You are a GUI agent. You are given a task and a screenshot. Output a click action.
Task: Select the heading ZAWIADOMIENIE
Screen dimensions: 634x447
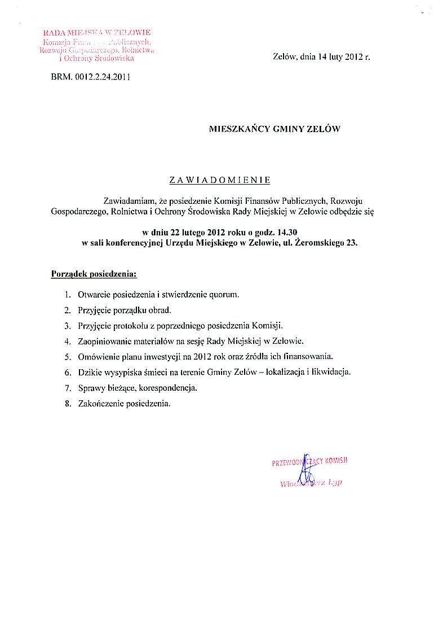(x=220, y=180)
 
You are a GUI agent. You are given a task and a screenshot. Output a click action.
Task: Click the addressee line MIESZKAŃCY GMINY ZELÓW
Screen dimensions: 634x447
(x=275, y=129)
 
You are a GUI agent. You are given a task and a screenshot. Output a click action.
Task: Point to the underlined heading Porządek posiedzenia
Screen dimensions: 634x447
(x=94, y=274)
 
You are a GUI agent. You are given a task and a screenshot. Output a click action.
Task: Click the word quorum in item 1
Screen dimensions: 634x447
(x=224, y=295)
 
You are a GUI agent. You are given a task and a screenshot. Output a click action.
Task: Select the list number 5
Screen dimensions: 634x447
(x=67, y=356)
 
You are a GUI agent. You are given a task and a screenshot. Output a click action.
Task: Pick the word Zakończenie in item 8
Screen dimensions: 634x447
(x=98, y=404)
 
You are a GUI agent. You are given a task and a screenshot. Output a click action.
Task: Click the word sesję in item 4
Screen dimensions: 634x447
(x=194, y=341)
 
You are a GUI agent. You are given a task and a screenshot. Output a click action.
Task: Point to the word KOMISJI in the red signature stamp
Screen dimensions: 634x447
(x=337, y=461)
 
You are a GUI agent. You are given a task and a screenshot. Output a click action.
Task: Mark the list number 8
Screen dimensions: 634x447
(x=67, y=404)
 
